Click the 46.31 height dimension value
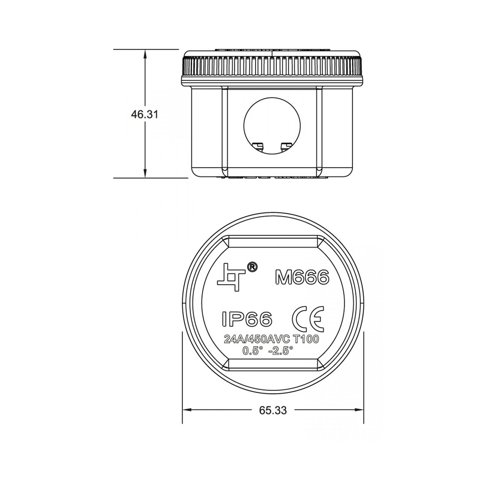click(x=144, y=114)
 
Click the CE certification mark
click(x=308, y=319)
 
